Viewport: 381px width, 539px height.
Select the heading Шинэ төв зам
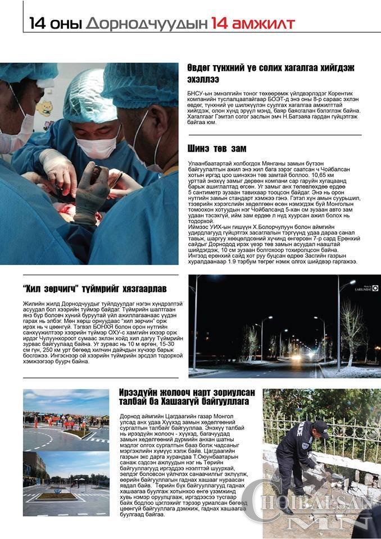(216, 149)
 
